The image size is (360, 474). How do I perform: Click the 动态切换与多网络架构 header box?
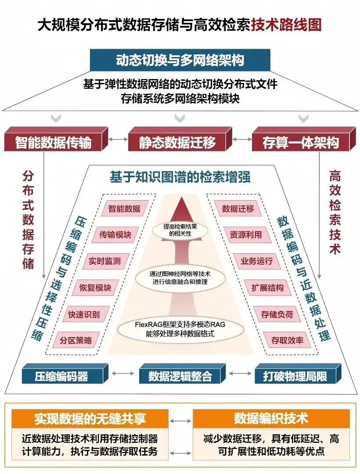(x=180, y=60)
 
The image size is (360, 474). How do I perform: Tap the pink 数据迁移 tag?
(x=238, y=208)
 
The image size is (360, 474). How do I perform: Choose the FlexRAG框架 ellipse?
(x=181, y=329)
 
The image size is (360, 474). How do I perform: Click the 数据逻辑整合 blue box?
(x=180, y=376)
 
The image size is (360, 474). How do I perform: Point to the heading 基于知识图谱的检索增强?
(x=180, y=176)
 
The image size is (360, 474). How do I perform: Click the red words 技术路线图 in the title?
(x=286, y=25)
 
